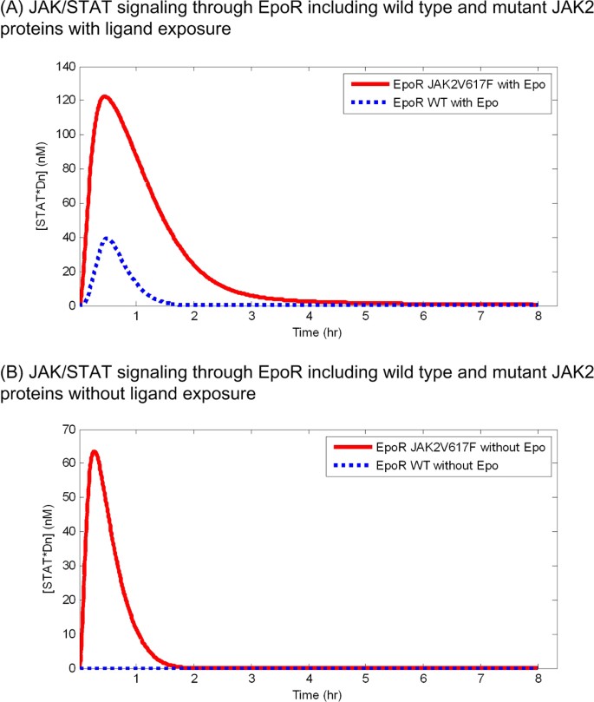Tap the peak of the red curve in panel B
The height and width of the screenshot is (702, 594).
(x=94, y=451)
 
